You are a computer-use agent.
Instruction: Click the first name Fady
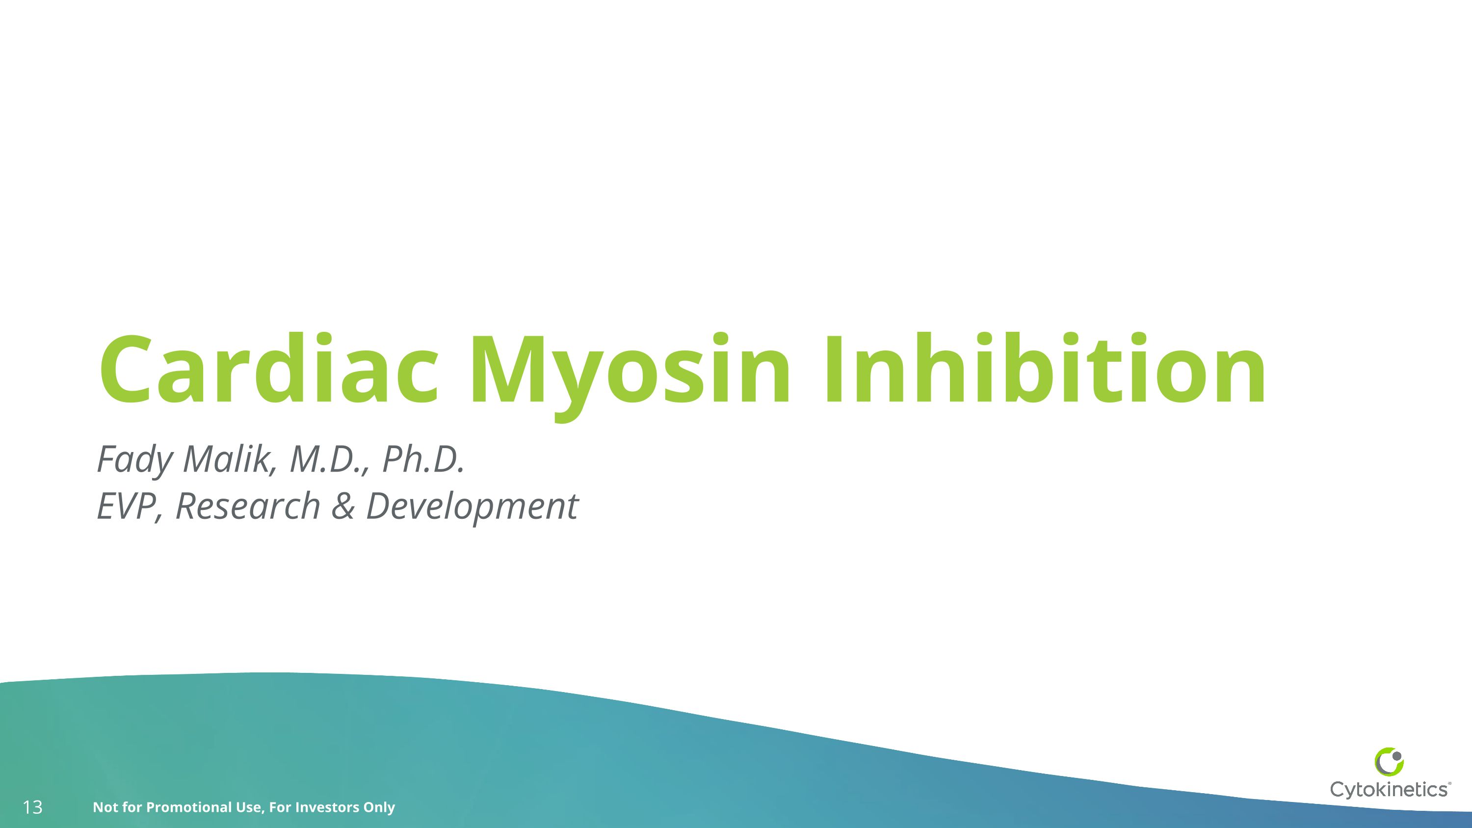[134, 460]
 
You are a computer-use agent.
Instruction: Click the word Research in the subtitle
[247, 507]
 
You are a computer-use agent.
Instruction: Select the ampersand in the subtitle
[342, 507]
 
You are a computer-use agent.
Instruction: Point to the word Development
[472, 507]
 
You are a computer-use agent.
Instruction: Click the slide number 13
[32, 807]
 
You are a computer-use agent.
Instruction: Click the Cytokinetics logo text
[1389, 790]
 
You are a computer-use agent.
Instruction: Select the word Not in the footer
[104, 807]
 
